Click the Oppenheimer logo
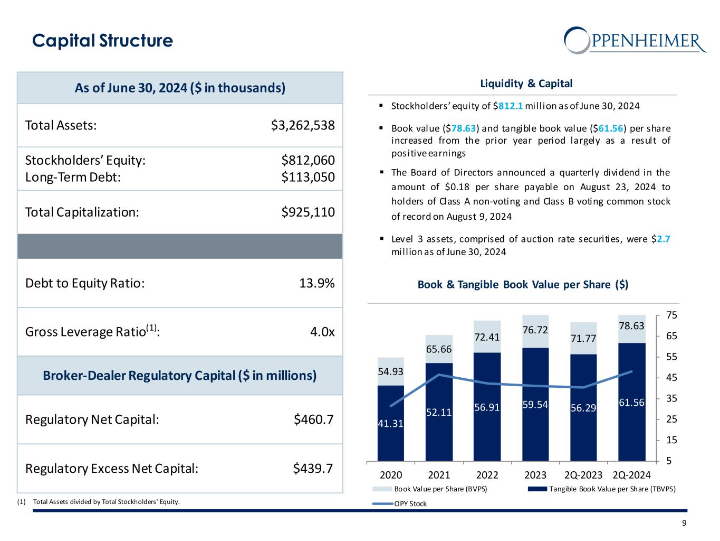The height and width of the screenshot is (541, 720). [635, 40]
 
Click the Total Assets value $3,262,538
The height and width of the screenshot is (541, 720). [303, 125]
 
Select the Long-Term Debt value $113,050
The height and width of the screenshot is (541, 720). [308, 177]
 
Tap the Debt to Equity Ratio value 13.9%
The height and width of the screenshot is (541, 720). [316, 283]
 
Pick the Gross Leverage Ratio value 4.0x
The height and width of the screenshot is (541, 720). [322, 332]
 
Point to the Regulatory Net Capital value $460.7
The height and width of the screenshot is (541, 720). [313, 419]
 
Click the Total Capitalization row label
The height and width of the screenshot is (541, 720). [82, 212]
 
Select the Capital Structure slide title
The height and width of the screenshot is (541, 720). [102, 41]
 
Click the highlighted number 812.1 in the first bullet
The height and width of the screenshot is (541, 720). [511, 106]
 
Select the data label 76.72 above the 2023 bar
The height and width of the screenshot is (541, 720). [535, 330]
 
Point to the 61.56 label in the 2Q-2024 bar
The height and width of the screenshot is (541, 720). [632, 403]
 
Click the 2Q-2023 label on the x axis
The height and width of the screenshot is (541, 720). [583, 474]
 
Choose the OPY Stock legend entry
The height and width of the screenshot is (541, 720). [410, 503]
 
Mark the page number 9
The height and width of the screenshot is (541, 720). [684, 523]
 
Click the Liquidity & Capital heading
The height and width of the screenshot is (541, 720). [526, 83]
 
